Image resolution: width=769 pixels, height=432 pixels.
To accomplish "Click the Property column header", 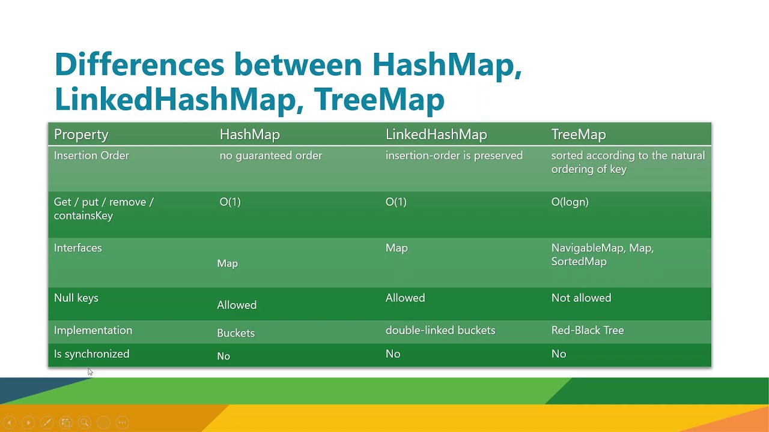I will [x=81, y=134].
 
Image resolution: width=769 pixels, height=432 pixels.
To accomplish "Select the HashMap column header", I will [x=249, y=134].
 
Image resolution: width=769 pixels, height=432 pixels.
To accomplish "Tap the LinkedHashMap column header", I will [x=436, y=134].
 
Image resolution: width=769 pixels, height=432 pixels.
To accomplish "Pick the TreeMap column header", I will [x=578, y=134].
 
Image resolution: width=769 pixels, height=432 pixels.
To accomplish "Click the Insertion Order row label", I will [x=91, y=155].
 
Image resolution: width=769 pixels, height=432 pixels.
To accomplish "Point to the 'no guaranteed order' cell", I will [x=270, y=155].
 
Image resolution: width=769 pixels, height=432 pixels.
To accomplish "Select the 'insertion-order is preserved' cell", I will [x=454, y=155].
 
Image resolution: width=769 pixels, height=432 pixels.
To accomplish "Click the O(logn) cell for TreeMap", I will [x=570, y=202].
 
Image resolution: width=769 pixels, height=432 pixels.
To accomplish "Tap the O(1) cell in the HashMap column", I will [x=230, y=202].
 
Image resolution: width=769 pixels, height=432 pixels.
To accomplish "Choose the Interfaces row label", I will [x=78, y=248].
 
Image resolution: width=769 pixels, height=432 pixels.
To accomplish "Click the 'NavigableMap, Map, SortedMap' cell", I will [x=602, y=254].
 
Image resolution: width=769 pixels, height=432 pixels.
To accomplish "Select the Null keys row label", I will [x=76, y=298].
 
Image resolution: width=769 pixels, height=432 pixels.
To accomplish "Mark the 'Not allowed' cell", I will [x=581, y=298].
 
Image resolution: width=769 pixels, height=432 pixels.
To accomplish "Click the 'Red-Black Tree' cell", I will [x=587, y=330].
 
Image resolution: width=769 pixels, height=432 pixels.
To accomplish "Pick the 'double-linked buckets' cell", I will [x=440, y=330].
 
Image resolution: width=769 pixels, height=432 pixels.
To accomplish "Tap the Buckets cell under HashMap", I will [x=236, y=333].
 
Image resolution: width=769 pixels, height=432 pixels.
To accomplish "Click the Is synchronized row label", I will [x=91, y=354].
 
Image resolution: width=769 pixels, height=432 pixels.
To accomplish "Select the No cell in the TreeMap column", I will [x=558, y=354].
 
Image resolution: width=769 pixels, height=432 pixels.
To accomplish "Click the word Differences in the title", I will [x=139, y=64].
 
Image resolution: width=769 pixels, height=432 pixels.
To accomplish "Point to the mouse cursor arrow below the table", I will [x=90, y=372].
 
